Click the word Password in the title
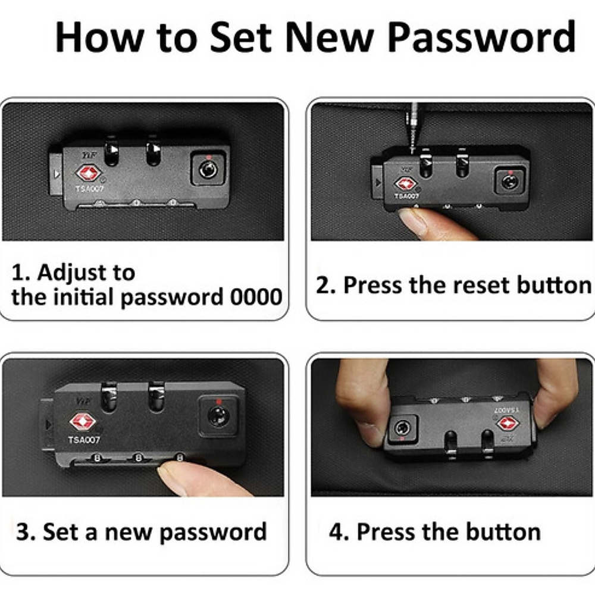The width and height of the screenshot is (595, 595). click(482, 37)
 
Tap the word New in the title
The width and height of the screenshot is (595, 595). click(330, 37)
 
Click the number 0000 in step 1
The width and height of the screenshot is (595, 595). click(256, 297)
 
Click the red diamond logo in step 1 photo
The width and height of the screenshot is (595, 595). click(89, 173)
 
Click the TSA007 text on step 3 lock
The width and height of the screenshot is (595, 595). click(84, 440)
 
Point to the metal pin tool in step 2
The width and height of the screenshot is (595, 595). click(412, 127)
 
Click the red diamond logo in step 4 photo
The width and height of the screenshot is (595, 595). click(508, 424)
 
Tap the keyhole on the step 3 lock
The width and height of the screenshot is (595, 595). click(218, 416)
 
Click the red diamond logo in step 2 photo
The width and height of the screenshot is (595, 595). click(405, 184)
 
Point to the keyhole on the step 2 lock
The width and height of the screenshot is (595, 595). click(510, 181)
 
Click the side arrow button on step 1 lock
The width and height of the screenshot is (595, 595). click(56, 174)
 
